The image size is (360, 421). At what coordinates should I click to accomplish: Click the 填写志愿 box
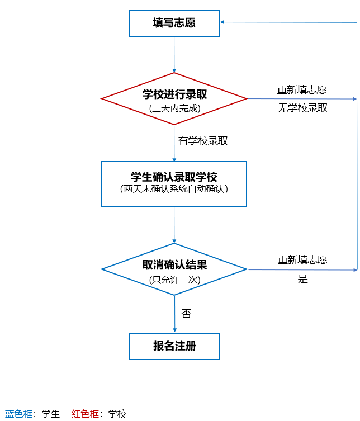click(174, 23)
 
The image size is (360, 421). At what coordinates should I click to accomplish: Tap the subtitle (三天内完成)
click(174, 108)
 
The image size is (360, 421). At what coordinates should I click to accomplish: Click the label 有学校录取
click(203, 141)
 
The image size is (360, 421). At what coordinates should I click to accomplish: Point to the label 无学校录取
click(302, 108)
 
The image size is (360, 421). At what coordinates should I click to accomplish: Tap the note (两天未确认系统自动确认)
click(174, 189)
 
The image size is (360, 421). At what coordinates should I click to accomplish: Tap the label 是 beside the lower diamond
click(302, 279)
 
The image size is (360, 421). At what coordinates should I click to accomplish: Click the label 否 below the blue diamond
click(186, 314)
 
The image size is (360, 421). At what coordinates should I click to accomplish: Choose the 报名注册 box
click(174, 346)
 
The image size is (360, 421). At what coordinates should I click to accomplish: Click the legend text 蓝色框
click(19, 414)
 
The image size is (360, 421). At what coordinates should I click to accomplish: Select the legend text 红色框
click(86, 414)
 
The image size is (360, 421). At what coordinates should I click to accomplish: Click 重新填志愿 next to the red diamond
click(302, 89)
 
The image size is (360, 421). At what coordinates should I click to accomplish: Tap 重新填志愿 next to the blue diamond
click(302, 259)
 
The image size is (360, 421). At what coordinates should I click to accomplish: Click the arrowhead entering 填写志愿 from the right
click(222, 22)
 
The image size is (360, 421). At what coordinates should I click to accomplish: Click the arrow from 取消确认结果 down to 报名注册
click(174, 313)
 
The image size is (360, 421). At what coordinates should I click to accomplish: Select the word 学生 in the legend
click(50, 414)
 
